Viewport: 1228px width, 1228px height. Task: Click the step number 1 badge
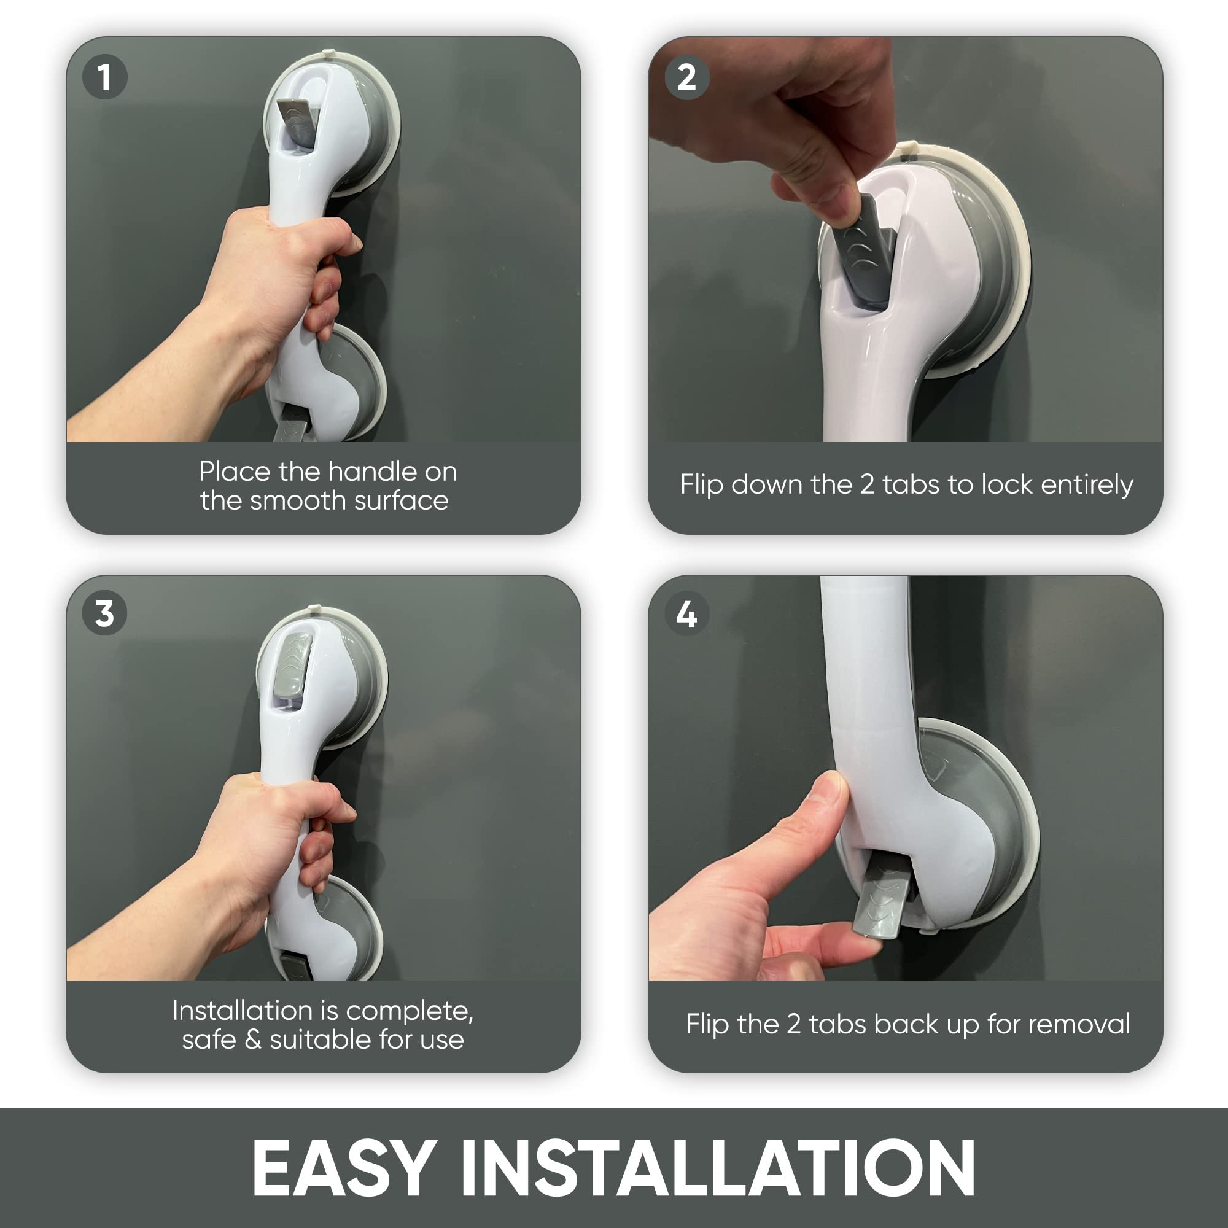[x=105, y=77]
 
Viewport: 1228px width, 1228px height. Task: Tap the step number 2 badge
[x=686, y=77]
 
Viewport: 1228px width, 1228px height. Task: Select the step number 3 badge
[x=105, y=614]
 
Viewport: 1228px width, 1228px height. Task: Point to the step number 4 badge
[x=686, y=614]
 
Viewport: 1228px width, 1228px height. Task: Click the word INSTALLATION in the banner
[x=718, y=1168]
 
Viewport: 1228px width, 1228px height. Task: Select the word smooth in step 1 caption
[x=298, y=501]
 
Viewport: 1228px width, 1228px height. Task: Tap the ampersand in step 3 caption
[x=253, y=1040]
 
